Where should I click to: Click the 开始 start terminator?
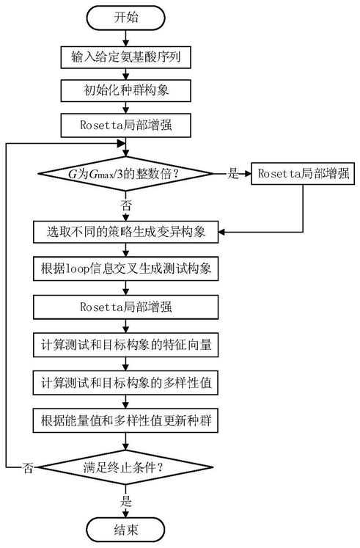pyautogui.click(x=125, y=18)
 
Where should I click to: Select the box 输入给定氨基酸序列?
pyautogui.click(x=125, y=57)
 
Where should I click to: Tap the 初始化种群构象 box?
pyautogui.click(x=125, y=90)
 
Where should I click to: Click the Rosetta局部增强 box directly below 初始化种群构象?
pyautogui.click(x=125, y=125)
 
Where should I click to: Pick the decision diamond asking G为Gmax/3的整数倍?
pyautogui.click(x=125, y=174)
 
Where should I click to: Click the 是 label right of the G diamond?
pyautogui.click(x=233, y=173)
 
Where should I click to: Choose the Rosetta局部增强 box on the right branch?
pyautogui.click(x=303, y=173)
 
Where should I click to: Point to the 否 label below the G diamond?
pyautogui.click(x=126, y=205)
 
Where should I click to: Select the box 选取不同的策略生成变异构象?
pyautogui.click(x=125, y=232)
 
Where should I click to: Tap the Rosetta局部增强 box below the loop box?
pyautogui.click(x=125, y=307)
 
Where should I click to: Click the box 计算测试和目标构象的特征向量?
pyautogui.click(x=125, y=345)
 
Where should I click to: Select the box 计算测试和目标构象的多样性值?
pyautogui.click(x=125, y=383)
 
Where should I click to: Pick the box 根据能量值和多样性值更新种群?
pyautogui.click(x=125, y=420)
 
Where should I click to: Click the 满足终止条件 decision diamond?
pyautogui.click(x=125, y=467)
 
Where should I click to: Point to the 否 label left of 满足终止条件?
pyautogui.click(x=28, y=467)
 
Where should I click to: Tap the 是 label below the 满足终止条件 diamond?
pyautogui.click(x=126, y=502)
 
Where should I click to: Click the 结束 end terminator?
pyautogui.click(x=125, y=530)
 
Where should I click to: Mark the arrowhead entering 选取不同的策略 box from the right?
pyautogui.click(x=222, y=232)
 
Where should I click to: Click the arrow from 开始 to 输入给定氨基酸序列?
pyautogui.click(x=125, y=38)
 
